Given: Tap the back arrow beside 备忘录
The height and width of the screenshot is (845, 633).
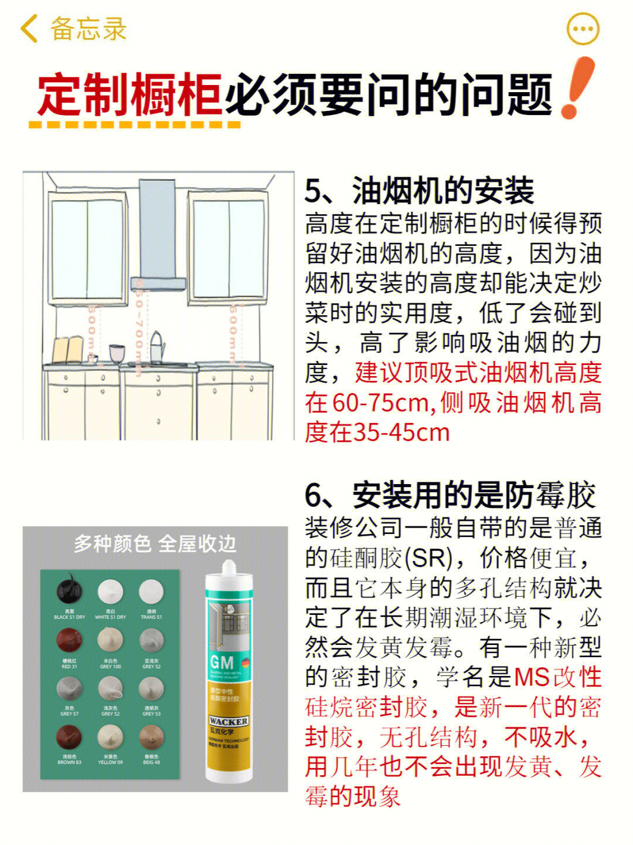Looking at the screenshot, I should point(28,28).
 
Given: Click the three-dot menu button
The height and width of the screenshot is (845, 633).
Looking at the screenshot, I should point(583,28).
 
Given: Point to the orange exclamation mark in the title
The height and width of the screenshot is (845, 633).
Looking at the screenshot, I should point(577,88).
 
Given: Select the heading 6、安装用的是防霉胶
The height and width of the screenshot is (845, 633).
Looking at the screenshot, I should point(450,496).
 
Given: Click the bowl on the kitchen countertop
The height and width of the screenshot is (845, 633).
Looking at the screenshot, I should point(117,353).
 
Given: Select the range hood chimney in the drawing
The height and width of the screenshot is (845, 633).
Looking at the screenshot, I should point(157,229).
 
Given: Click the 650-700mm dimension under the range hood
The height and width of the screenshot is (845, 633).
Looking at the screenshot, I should point(139,326).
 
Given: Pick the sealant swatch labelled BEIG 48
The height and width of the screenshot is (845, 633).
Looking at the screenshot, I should point(151,738).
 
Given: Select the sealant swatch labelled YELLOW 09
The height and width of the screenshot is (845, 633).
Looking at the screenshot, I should point(110,738).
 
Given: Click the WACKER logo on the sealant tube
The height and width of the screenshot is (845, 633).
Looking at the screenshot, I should point(229,721).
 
